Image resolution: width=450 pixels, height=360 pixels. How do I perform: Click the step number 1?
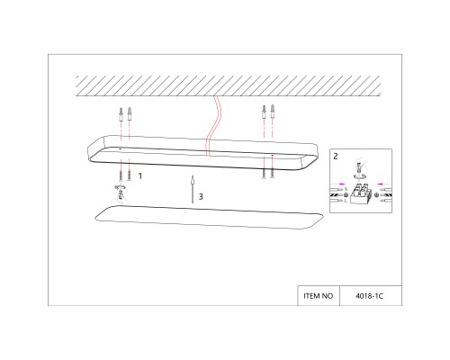click(139, 178)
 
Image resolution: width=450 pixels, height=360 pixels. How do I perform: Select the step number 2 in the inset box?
click(336, 156)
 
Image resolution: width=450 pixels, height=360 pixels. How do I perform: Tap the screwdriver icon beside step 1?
click(119, 190)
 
